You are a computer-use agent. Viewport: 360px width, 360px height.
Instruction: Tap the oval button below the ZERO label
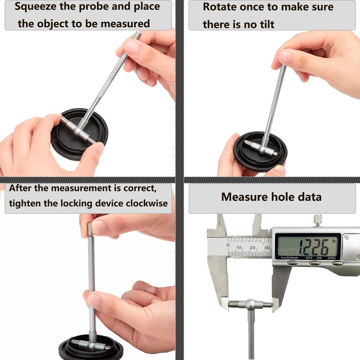(x=337, y=264)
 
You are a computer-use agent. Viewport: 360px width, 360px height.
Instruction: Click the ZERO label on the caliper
(x=332, y=258)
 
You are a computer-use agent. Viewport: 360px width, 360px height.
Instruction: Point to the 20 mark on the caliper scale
(x=252, y=247)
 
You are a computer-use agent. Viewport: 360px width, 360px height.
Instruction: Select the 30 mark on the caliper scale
(x=267, y=248)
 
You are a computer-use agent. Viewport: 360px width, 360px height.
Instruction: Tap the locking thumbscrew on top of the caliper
(x=318, y=220)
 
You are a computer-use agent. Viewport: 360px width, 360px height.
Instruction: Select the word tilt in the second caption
(x=268, y=24)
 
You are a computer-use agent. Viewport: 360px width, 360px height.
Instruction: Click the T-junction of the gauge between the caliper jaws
(x=251, y=305)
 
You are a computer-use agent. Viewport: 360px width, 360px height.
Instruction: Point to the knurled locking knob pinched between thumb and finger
(x=90, y=230)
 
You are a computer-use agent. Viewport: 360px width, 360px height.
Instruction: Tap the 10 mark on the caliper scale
(x=239, y=247)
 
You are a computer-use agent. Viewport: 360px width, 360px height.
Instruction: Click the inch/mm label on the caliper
(x=290, y=258)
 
